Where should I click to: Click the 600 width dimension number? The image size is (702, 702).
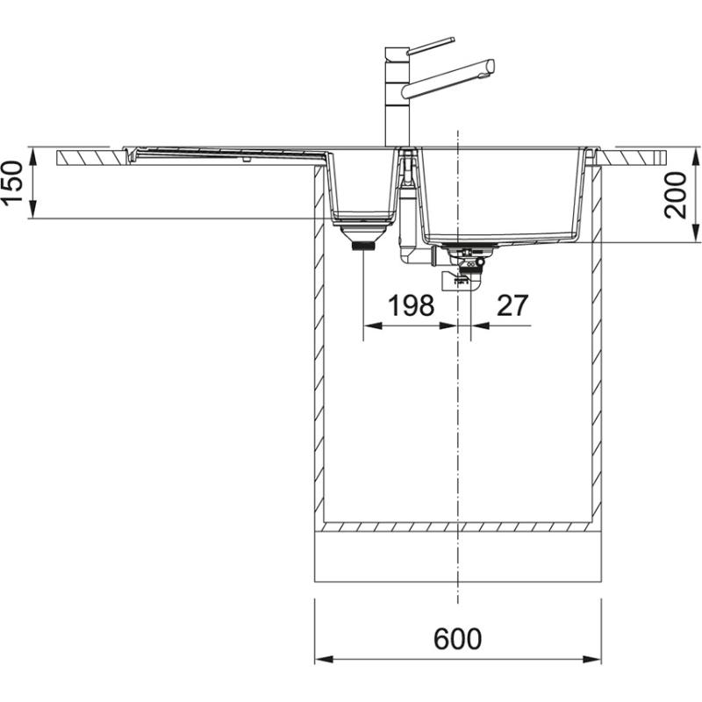click(x=457, y=638)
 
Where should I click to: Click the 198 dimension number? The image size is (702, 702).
click(x=412, y=305)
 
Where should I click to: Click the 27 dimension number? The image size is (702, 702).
click(x=512, y=305)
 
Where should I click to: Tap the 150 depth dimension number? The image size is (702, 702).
click(x=13, y=183)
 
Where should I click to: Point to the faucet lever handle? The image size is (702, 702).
click(x=431, y=44)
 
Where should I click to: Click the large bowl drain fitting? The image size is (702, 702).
click(x=468, y=263)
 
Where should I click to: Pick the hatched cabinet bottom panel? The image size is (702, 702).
click(x=457, y=527)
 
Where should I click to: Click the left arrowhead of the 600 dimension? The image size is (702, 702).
click(x=319, y=659)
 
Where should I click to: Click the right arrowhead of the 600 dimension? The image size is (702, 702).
click(x=596, y=659)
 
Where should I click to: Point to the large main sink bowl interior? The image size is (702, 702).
click(x=500, y=193)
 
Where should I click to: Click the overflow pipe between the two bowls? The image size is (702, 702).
click(x=407, y=219)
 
